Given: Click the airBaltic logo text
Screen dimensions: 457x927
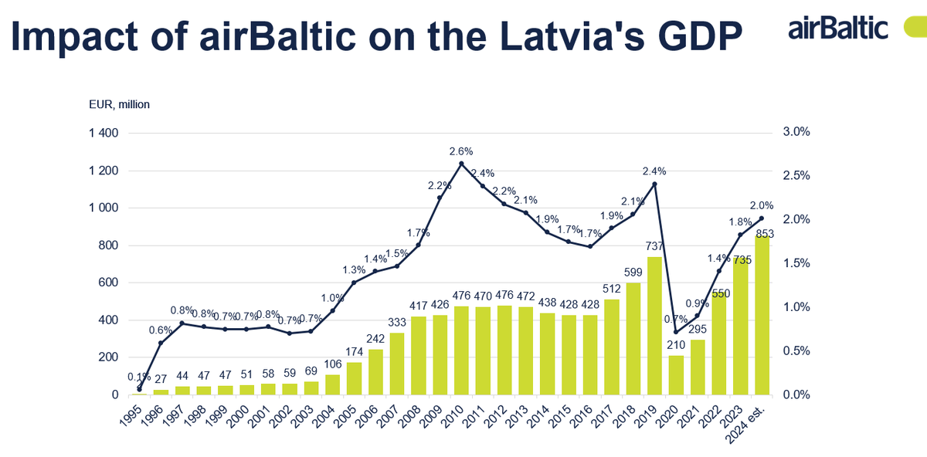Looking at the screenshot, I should [838, 29].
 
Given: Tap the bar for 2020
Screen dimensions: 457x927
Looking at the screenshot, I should [676, 375].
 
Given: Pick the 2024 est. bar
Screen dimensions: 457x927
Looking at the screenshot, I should [762, 315].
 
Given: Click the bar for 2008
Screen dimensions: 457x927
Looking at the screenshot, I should [418, 356].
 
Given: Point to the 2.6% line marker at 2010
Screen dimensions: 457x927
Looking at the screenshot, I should [461, 164].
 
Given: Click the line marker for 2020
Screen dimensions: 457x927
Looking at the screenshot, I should [676, 332].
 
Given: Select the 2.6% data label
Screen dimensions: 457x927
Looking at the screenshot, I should [461, 151].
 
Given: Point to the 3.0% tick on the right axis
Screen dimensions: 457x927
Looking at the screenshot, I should [795, 132].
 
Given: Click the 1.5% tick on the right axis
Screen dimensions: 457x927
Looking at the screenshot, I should [795, 263].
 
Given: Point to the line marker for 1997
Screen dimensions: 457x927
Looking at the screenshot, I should [182, 323].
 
